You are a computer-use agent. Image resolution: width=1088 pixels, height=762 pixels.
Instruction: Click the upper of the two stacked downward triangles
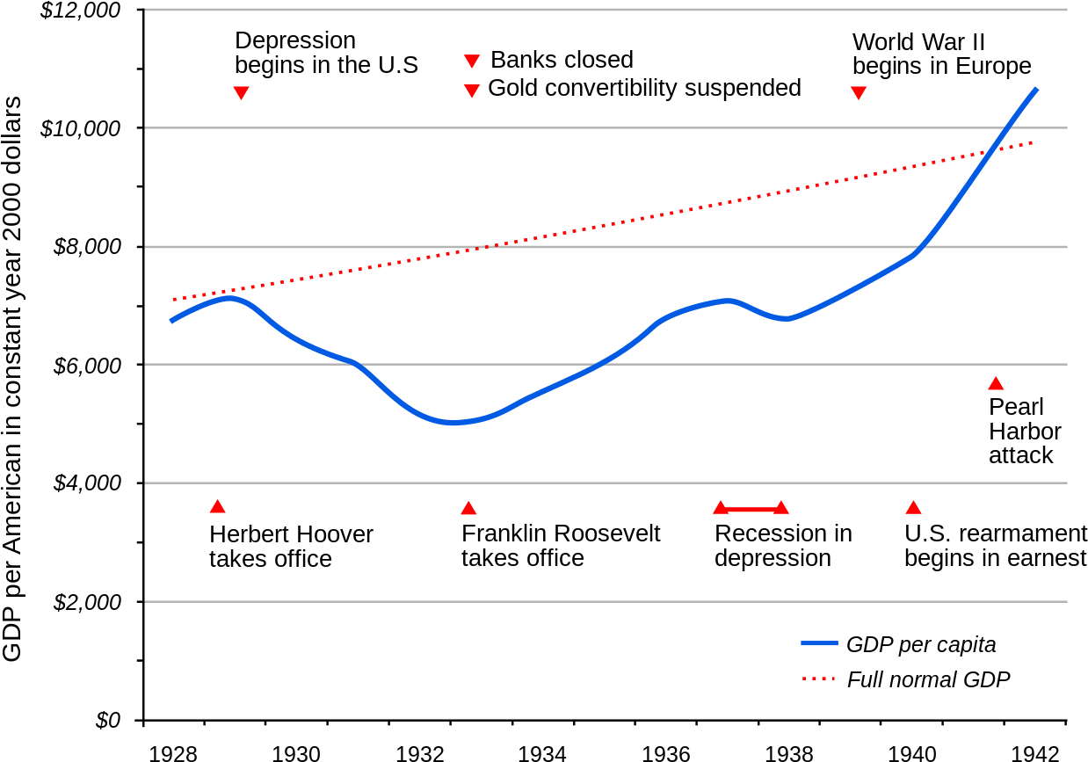click(472, 61)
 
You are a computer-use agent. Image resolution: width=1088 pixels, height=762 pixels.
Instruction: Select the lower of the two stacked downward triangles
click(472, 91)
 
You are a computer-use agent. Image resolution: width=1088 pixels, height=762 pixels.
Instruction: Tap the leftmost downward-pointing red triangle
click(241, 92)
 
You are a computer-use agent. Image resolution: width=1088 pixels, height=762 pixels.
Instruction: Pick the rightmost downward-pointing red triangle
click(859, 92)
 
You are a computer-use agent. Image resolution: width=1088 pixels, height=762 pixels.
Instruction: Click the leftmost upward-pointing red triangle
click(217, 506)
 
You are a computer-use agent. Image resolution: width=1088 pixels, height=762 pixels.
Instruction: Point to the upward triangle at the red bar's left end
click(721, 508)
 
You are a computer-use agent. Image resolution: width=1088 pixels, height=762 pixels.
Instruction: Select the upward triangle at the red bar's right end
click(780, 508)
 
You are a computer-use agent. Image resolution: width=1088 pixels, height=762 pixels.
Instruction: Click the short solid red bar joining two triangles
click(751, 510)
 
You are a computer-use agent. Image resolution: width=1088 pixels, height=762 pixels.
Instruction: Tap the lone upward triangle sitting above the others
click(996, 383)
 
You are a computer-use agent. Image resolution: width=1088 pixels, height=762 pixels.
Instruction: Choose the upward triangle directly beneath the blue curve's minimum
click(468, 508)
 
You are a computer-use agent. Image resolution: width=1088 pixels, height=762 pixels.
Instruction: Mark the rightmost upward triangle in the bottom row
click(913, 508)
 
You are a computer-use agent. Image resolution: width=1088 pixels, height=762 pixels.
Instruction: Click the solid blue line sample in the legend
click(819, 643)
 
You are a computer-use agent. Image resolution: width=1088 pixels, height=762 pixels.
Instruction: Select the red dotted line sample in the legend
click(818, 679)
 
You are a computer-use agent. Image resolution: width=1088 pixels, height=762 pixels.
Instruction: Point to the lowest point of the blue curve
click(452, 423)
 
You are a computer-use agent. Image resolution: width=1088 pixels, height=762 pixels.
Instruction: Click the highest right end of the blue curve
click(1037, 88)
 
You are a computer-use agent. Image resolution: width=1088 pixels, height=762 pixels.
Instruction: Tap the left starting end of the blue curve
click(171, 321)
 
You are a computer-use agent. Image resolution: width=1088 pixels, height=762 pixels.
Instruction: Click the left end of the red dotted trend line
click(174, 300)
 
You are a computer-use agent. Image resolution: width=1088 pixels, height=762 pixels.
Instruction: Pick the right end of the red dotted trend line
click(1033, 142)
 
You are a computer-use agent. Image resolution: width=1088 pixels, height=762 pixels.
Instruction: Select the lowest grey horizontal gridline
click(606, 601)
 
